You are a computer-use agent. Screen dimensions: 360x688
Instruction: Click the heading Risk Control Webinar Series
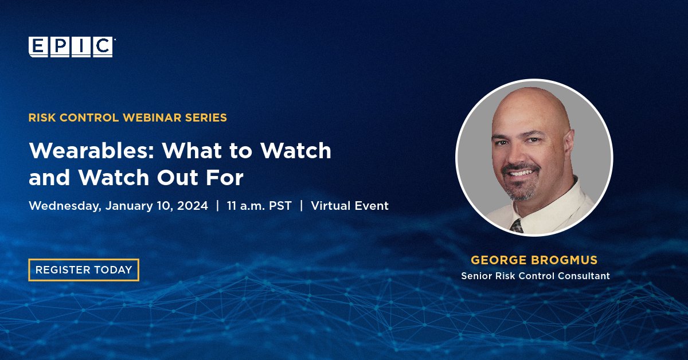pyautogui.click(x=127, y=118)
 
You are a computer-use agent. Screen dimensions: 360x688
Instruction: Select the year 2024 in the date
pyautogui.click(x=192, y=206)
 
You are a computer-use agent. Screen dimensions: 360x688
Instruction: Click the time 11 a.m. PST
pyautogui.click(x=259, y=206)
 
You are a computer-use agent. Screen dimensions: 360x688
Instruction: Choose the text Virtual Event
pyautogui.click(x=350, y=206)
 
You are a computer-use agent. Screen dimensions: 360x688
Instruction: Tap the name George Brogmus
pyautogui.click(x=535, y=260)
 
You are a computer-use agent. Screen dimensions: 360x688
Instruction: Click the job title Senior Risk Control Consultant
pyautogui.click(x=535, y=276)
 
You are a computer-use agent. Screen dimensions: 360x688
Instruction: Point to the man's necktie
pyautogui.click(x=517, y=225)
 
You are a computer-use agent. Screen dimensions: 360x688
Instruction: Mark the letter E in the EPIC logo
pyautogui.click(x=38, y=47)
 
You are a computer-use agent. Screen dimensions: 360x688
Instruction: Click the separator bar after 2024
pyautogui.click(x=217, y=206)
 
